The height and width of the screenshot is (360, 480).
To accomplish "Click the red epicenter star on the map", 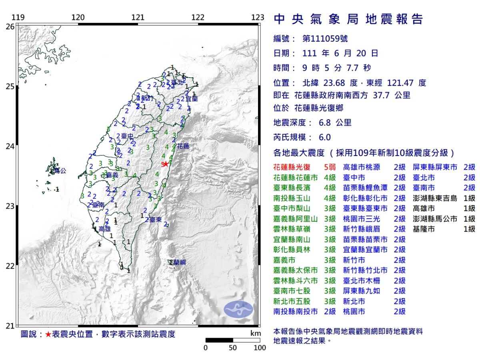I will tap(166, 164).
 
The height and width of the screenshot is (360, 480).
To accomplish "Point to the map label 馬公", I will tap(60, 171).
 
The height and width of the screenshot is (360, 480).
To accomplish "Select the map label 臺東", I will tap(156, 220).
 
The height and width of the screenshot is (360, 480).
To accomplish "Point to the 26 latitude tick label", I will tap(10, 26).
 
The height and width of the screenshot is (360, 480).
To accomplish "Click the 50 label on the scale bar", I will tap(233, 348).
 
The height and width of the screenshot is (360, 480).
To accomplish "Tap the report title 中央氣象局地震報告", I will tap(348, 19).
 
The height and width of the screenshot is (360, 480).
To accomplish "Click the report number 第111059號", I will tap(325, 39).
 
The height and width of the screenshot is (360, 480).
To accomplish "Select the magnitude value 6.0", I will tap(325, 137).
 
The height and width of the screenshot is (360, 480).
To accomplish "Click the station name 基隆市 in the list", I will tap(424, 229).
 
